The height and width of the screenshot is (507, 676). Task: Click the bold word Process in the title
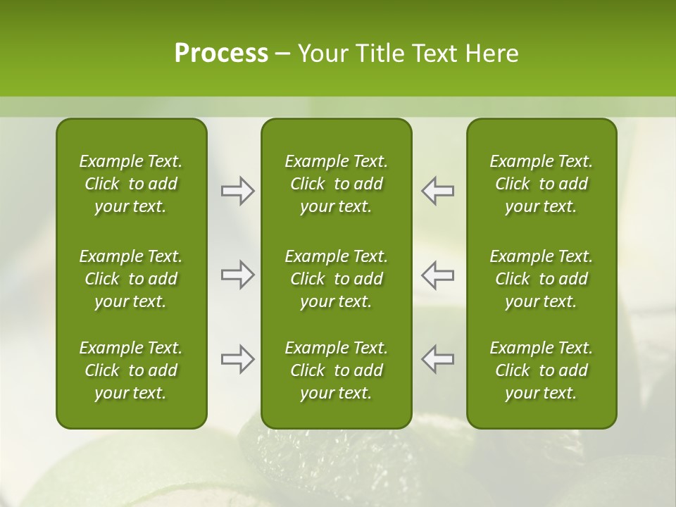coord(221,54)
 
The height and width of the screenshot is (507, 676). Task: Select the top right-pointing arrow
coord(237,191)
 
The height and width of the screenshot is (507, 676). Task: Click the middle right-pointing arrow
coord(237,275)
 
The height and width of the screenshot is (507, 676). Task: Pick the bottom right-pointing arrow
coord(237,359)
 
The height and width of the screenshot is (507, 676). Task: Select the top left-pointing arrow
coord(438,191)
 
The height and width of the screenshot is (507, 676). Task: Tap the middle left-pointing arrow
coord(438,275)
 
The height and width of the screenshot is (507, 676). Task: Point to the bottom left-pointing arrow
coord(438,359)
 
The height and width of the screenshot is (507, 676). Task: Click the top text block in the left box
coord(131,184)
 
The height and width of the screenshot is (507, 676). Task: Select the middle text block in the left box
coord(131,279)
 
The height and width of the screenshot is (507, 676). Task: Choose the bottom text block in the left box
coord(131,370)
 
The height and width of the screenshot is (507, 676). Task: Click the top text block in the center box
coord(336,184)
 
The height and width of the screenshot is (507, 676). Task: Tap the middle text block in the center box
coord(336,279)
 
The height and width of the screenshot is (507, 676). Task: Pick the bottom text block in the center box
coord(336,370)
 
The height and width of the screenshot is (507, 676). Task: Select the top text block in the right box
coord(541,184)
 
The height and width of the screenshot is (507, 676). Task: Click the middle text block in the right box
coord(541,279)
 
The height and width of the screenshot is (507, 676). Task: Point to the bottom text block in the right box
coord(541,370)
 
